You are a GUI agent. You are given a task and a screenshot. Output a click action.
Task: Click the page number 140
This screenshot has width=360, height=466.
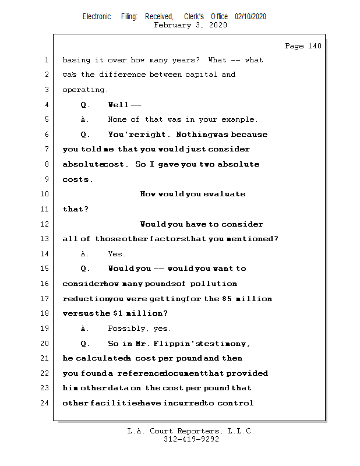[x=314, y=46]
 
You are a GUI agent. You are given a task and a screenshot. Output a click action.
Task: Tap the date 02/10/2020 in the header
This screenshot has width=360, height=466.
[x=250, y=17]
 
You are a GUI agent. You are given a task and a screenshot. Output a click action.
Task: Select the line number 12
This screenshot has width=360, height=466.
[x=45, y=224]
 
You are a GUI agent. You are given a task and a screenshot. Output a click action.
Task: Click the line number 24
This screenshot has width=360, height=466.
[x=45, y=403]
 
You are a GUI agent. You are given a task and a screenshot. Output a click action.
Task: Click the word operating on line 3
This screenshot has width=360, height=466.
[x=85, y=90]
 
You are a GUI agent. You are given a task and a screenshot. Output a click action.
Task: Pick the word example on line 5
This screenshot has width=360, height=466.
[x=238, y=119]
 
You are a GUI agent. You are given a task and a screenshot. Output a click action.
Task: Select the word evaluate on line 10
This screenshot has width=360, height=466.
[x=224, y=194]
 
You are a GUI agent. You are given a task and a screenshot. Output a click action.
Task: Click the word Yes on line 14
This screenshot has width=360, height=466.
[x=116, y=254]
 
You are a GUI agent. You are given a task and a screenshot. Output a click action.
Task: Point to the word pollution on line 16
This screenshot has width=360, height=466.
[x=214, y=284]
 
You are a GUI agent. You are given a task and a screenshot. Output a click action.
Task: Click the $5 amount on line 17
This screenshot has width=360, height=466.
[x=227, y=299]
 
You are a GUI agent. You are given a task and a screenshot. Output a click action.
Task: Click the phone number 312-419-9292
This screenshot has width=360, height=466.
[x=191, y=439]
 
